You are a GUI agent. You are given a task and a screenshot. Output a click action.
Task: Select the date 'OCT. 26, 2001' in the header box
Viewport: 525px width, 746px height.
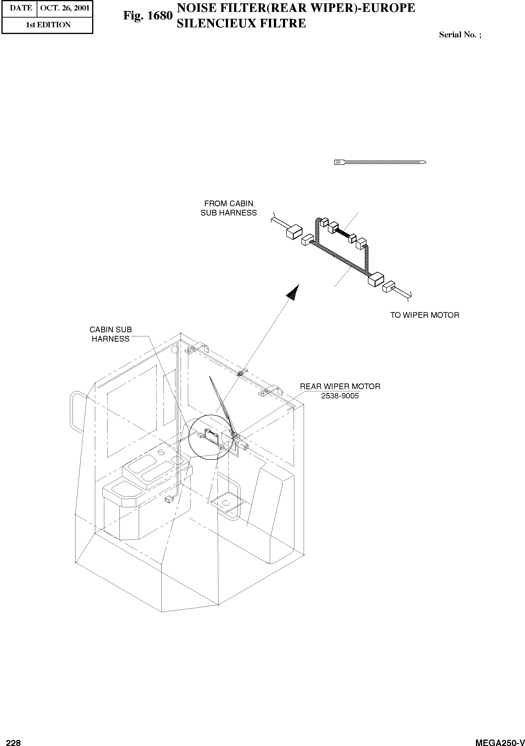click(x=65, y=8)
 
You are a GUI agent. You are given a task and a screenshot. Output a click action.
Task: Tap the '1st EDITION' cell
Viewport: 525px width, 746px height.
click(x=48, y=25)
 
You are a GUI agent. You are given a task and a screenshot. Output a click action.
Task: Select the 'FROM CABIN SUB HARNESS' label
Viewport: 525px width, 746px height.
click(x=228, y=208)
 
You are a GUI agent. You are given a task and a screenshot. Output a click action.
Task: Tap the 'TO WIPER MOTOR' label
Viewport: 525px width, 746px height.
click(x=425, y=315)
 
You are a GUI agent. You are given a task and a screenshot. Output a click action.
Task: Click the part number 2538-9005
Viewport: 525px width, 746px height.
click(x=340, y=396)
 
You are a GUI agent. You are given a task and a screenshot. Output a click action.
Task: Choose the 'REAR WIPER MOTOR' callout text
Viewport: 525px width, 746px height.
click(x=340, y=387)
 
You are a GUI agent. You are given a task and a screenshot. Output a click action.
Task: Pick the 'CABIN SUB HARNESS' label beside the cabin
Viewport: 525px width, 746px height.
click(x=110, y=334)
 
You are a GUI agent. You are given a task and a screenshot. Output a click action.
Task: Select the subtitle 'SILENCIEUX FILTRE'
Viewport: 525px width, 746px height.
click(x=241, y=23)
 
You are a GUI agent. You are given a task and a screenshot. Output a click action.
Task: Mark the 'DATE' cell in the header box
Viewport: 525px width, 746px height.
click(x=20, y=8)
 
